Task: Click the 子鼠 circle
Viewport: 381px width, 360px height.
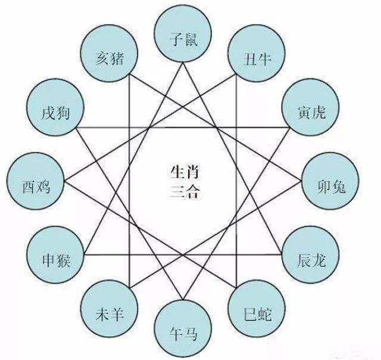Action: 183,34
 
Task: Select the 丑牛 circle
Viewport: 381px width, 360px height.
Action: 257,53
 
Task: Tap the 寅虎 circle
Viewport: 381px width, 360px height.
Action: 311,107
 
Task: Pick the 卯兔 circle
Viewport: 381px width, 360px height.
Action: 330,181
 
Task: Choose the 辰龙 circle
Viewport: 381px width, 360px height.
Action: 311,255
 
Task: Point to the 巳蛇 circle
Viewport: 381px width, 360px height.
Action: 257,308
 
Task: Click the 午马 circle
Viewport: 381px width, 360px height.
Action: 183,328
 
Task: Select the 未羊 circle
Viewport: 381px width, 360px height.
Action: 109,308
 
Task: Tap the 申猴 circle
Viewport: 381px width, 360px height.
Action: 55,255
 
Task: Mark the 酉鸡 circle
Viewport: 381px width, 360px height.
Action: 36,181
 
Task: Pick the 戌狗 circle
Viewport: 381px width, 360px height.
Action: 55,107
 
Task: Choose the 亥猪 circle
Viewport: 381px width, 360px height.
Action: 109,53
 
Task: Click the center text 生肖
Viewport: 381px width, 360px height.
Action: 185,172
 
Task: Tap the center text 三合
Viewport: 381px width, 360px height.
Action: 185,191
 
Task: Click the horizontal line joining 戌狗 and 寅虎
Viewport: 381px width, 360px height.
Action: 183,128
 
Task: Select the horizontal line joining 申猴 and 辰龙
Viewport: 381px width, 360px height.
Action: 183,255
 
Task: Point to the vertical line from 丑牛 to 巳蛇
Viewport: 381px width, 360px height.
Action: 236,181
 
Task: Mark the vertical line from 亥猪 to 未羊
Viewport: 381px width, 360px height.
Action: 129,181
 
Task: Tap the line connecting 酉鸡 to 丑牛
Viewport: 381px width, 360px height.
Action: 150,128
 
